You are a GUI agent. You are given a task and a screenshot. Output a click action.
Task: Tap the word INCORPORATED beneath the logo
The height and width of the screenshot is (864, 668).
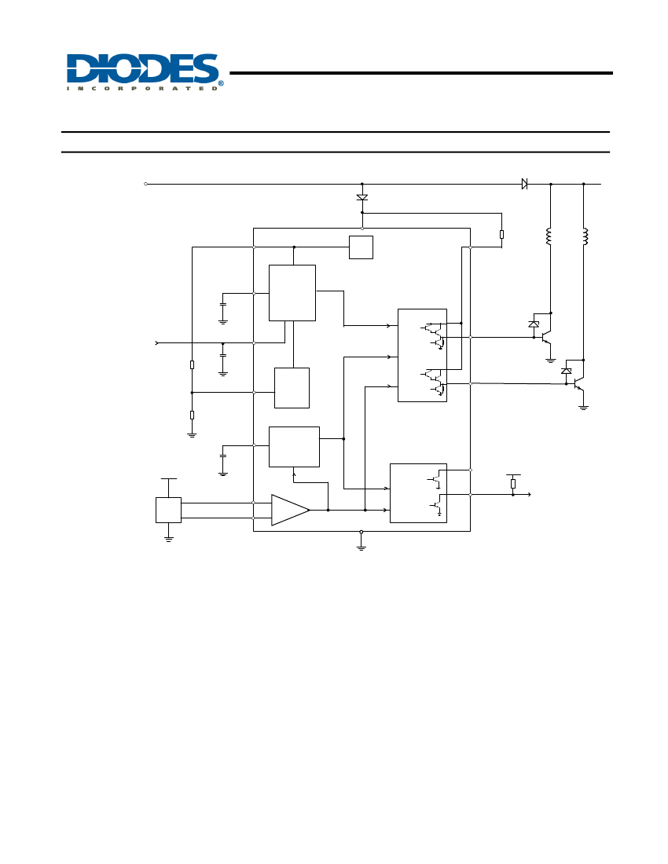142,88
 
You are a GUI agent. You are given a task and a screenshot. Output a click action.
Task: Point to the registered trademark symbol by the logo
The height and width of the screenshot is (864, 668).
221,83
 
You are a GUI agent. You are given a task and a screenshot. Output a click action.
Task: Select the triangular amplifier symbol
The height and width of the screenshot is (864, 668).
291,511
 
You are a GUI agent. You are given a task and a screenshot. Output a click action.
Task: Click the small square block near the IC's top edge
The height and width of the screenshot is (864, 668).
361,247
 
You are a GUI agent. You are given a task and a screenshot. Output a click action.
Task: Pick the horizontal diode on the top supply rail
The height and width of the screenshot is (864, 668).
524,184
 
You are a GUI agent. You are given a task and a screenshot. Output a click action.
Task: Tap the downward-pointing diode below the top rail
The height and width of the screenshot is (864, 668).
362,197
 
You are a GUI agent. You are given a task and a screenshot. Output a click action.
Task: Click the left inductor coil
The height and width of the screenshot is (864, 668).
549,236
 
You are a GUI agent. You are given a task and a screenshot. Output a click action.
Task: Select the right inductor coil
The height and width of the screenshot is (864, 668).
585,236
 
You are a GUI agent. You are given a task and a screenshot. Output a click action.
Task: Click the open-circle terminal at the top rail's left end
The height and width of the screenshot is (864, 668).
145,184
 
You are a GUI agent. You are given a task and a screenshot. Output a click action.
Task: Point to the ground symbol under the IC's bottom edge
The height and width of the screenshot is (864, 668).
361,547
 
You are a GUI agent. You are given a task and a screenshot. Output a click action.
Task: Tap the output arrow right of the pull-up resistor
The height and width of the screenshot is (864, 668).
522,495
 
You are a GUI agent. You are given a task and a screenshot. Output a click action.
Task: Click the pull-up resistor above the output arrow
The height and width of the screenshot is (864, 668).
513,484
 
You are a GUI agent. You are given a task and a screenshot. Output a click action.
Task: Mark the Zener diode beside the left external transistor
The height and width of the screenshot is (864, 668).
534,324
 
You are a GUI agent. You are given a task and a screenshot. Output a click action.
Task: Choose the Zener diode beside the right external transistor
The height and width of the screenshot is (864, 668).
566,371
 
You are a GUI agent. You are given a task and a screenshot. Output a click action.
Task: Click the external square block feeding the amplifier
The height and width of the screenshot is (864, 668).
169,511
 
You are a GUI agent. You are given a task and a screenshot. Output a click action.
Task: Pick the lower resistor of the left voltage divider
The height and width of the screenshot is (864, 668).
192,415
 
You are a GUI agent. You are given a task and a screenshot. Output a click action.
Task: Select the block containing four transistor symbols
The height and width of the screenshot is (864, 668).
422,355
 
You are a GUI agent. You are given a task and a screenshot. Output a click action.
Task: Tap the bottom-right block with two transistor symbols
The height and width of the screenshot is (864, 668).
418,493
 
